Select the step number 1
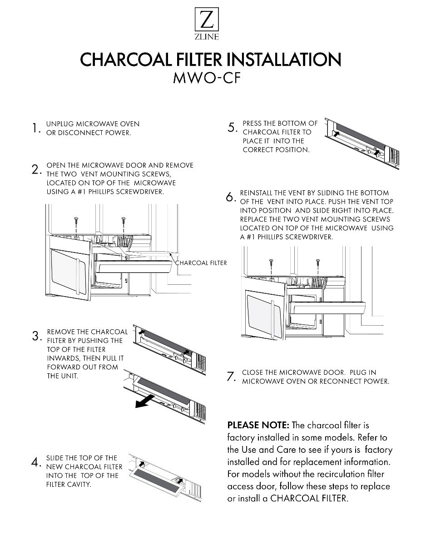tap(35, 129)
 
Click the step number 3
tap(36, 337)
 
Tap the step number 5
tap(231, 128)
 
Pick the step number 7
tap(230, 377)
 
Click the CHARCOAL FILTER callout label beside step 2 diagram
tap(201, 263)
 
